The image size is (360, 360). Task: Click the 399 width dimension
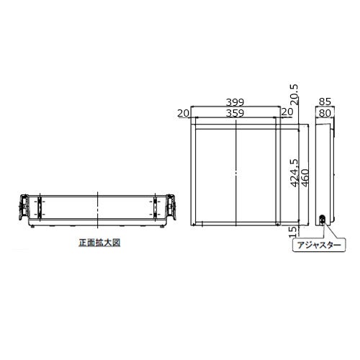pos(235,102)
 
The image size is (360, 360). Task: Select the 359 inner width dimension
pos(235,113)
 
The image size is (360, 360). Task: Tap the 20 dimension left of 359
pos(184,113)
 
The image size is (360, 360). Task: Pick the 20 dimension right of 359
pos(287,112)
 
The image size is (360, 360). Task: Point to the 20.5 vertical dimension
pos(294,94)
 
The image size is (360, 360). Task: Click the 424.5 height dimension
pos(294,173)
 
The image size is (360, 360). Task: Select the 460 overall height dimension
pos(305,178)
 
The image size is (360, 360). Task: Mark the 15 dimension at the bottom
pos(293,232)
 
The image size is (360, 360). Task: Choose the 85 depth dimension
pos(325,102)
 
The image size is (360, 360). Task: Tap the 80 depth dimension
pos(325,113)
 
